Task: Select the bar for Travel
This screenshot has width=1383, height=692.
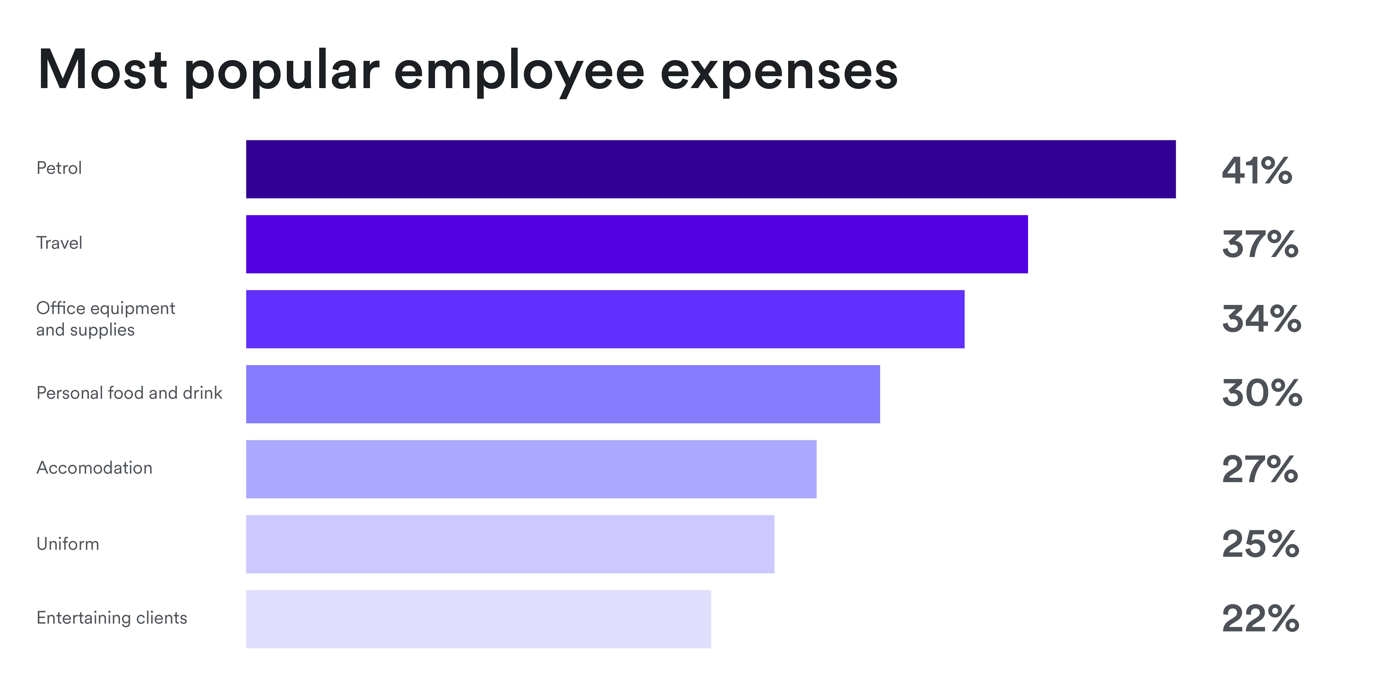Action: [637, 244]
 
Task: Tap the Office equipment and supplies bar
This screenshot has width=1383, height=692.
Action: [605, 319]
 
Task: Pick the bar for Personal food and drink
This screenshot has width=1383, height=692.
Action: [563, 394]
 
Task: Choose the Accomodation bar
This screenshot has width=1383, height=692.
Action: [531, 469]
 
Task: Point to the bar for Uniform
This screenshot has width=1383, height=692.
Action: [510, 544]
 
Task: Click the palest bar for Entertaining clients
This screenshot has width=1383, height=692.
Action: [478, 619]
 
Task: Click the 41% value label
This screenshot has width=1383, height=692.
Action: [1257, 171]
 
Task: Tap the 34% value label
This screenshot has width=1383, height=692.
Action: [1261, 319]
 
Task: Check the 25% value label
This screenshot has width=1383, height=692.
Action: [1260, 544]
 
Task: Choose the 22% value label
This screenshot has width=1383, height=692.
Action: [1260, 618]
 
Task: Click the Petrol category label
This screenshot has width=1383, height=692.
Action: [59, 168]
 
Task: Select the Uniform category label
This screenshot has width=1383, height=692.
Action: [68, 544]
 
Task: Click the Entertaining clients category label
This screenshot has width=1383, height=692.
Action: [112, 618]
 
